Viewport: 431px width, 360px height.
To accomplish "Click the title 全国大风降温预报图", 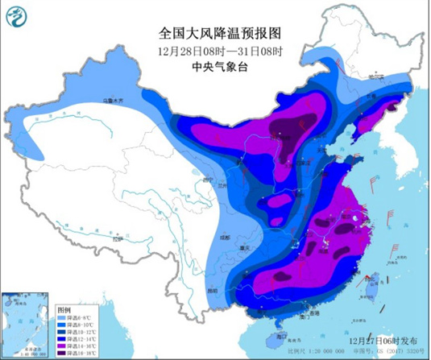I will (x=215, y=34).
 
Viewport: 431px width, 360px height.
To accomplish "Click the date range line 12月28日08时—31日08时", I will (x=215, y=51).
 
